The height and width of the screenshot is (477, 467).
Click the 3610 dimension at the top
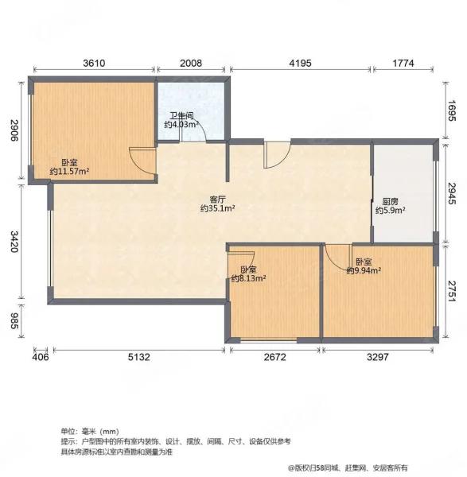pyautogui.click(x=94, y=64)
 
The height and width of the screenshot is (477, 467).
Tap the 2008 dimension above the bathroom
pyautogui.click(x=191, y=64)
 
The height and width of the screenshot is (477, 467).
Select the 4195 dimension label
pyautogui.click(x=301, y=64)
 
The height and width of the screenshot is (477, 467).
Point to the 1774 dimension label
pyautogui.click(x=403, y=64)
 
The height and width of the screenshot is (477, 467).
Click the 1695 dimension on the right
pyautogui.click(x=452, y=111)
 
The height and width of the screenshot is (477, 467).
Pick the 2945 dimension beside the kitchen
pyautogui.click(x=452, y=193)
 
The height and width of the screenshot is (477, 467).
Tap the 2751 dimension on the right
pyautogui.click(x=452, y=291)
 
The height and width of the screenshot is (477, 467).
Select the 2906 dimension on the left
pyautogui.click(x=14, y=130)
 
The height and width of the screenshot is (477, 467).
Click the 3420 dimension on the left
pyautogui.click(x=14, y=242)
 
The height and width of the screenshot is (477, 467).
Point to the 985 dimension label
pyautogui.click(x=14, y=320)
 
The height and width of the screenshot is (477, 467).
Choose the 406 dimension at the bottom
pyautogui.click(x=41, y=357)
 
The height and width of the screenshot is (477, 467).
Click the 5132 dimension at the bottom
pyautogui.click(x=138, y=357)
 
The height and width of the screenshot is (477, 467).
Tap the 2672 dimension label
pyautogui.click(x=275, y=357)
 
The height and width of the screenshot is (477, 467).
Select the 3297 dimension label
pyautogui.click(x=377, y=357)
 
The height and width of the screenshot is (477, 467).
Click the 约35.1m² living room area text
pyautogui.click(x=217, y=208)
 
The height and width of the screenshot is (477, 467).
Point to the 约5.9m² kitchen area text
pyautogui.click(x=391, y=210)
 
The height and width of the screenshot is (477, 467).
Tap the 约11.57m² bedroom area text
pyautogui.click(x=69, y=171)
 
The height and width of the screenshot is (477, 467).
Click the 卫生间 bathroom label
pyautogui.click(x=181, y=116)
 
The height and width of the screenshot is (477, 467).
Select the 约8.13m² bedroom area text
pyautogui.click(x=249, y=278)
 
